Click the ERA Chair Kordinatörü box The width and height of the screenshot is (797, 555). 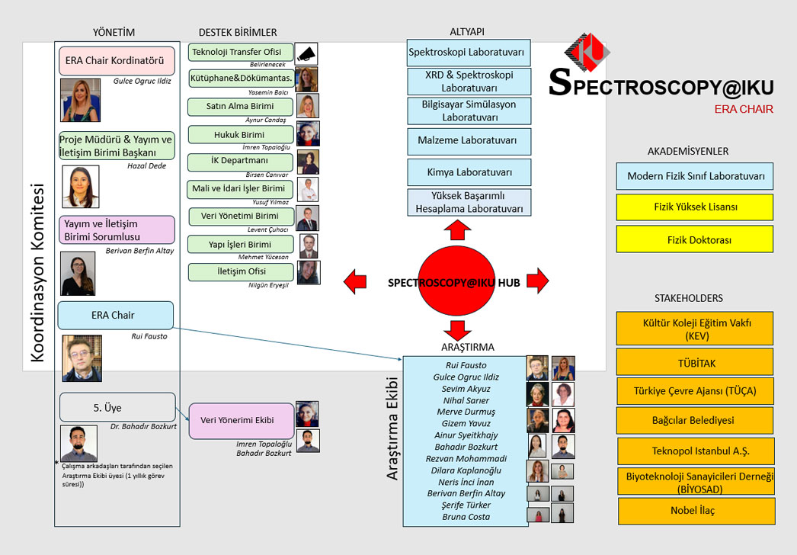click(117, 61)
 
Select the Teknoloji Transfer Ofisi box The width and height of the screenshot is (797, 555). click(241, 53)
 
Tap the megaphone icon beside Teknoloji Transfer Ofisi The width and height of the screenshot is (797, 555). click(306, 54)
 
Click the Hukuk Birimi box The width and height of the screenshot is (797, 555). click(241, 135)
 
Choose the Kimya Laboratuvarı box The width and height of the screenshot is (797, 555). click(469, 172)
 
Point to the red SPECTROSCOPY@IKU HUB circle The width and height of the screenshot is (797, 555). click(455, 281)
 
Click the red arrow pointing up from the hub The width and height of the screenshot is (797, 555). click(458, 230)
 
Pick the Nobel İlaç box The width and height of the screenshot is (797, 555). click(694, 511)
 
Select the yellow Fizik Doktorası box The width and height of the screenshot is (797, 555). click(694, 239)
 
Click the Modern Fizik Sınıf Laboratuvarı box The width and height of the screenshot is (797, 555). click(694, 176)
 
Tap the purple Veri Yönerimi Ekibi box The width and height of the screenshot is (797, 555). click(237, 420)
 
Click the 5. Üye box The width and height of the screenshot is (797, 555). click(117, 407)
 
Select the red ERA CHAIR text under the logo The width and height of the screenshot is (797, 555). click(744, 109)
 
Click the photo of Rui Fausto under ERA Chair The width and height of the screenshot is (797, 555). click(82, 358)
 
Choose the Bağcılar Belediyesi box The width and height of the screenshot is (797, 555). click(694, 420)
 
